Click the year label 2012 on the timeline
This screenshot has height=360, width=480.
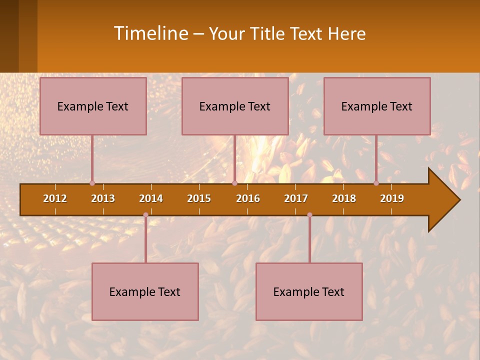55,198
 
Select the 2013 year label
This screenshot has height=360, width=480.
103,198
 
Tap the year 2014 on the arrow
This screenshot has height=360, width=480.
151,198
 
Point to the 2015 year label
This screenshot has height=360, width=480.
199,198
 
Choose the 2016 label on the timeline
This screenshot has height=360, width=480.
248,198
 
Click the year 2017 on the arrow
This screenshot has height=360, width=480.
296,198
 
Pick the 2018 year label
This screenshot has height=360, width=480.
344,198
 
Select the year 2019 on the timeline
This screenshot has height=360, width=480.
392,198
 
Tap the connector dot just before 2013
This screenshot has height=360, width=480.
92,183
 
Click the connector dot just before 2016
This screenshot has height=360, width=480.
234,183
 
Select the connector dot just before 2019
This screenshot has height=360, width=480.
376,183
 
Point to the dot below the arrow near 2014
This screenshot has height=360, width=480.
145,215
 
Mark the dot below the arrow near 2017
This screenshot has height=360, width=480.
309,215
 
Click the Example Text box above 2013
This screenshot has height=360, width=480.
93,106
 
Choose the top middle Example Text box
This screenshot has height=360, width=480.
235,106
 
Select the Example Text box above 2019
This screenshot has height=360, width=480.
377,106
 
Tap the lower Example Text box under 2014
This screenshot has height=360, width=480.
145,292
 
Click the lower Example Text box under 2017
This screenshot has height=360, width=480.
309,292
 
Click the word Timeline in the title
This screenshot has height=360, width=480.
150,33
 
